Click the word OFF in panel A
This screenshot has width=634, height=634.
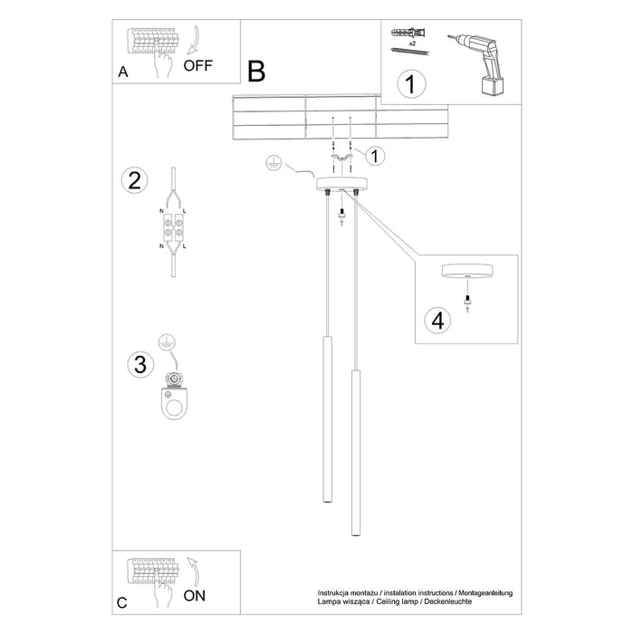(x=199, y=65)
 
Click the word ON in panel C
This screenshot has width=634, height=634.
(x=194, y=595)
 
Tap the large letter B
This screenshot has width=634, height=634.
(x=257, y=70)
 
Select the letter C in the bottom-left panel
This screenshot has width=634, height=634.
(x=122, y=602)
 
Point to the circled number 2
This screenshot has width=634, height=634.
(x=134, y=180)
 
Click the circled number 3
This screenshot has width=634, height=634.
(x=139, y=364)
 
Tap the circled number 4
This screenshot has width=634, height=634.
(x=437, y=320)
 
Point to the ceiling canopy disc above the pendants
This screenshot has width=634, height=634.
(x=340, y=184)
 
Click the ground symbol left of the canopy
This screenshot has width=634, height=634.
(x=269, y=163)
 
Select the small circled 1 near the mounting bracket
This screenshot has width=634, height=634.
(x=376, y=155)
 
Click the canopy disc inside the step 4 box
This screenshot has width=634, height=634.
(x=466, y=273)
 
